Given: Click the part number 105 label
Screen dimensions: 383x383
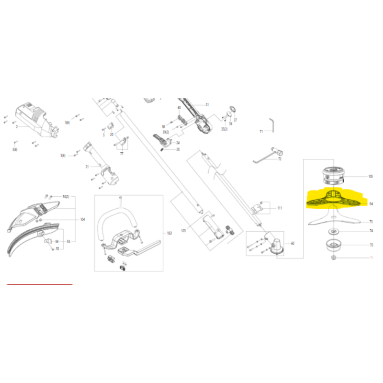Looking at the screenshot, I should pyautogui.click(x=371, y=177).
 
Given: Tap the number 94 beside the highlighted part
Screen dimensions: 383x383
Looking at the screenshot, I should pyautogui.click(x=371, y=203).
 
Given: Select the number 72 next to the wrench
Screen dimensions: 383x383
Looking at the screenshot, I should pyautogui.click(x=280, y=159).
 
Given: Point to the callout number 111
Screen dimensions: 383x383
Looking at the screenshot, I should pyautogui.click(x=280, y=208).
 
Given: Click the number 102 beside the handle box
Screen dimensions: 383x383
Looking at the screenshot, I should pyautogui.click(x=169, y=233).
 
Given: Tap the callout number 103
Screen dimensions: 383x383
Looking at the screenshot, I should pyautogui.click(x=182, y=230).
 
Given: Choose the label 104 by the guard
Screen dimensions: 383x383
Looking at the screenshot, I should pyautogui.click(x=82, y=219).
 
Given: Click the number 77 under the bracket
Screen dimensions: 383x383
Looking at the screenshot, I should pyautogui.click(x=122, y=154).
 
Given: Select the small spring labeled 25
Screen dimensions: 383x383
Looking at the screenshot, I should pyautogui.click(x=163, y=150).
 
